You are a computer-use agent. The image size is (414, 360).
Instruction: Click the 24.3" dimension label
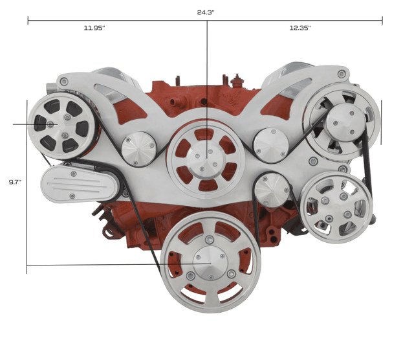[206, 12]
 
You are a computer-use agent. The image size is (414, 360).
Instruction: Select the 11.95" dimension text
[94, 28]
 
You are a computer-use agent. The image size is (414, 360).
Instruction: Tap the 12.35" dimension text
[300, 28]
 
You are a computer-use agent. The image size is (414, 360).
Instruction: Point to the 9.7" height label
[15, 182]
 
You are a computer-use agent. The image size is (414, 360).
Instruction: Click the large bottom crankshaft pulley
[210, 262]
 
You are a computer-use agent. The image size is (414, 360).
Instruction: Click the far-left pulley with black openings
[62, 126]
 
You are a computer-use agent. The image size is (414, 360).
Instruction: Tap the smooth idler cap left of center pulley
[139, 149]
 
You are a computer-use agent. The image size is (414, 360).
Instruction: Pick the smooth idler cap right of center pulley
[271, 146]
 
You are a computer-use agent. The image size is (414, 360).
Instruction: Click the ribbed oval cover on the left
[81, 183]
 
